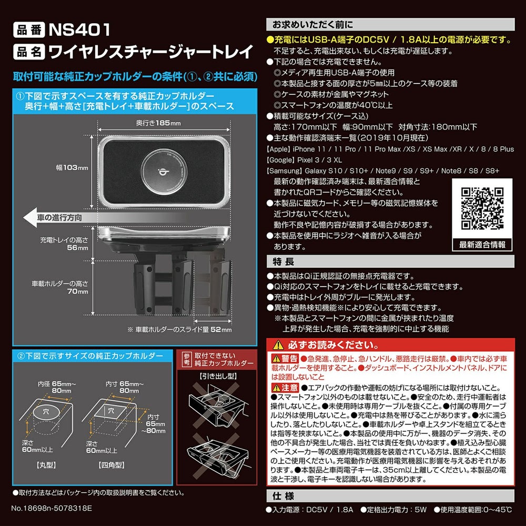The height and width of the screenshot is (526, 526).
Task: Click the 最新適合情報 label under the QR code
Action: click(482, 245)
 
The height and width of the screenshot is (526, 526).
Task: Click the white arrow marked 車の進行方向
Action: click(58, 217)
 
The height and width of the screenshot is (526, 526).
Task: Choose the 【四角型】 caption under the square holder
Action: click(112, 466)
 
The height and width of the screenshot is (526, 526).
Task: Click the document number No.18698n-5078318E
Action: click(52, 509)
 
